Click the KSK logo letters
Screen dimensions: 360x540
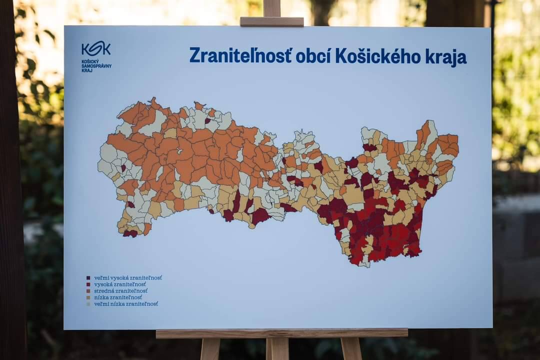(96, 48)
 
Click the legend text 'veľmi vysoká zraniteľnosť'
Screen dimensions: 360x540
(128, 277)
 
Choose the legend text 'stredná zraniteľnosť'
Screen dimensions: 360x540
(120, 290)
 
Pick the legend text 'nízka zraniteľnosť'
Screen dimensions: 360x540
(118, 297)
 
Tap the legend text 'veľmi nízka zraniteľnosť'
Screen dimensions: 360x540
(126, 303)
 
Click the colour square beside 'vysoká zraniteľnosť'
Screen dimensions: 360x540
(88, 284)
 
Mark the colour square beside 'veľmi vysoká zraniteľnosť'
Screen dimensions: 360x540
(88, 277)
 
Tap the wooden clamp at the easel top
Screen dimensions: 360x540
(271, 21)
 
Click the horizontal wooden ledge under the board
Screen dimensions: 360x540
(281, 333)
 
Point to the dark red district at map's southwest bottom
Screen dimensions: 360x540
(130, 233)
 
